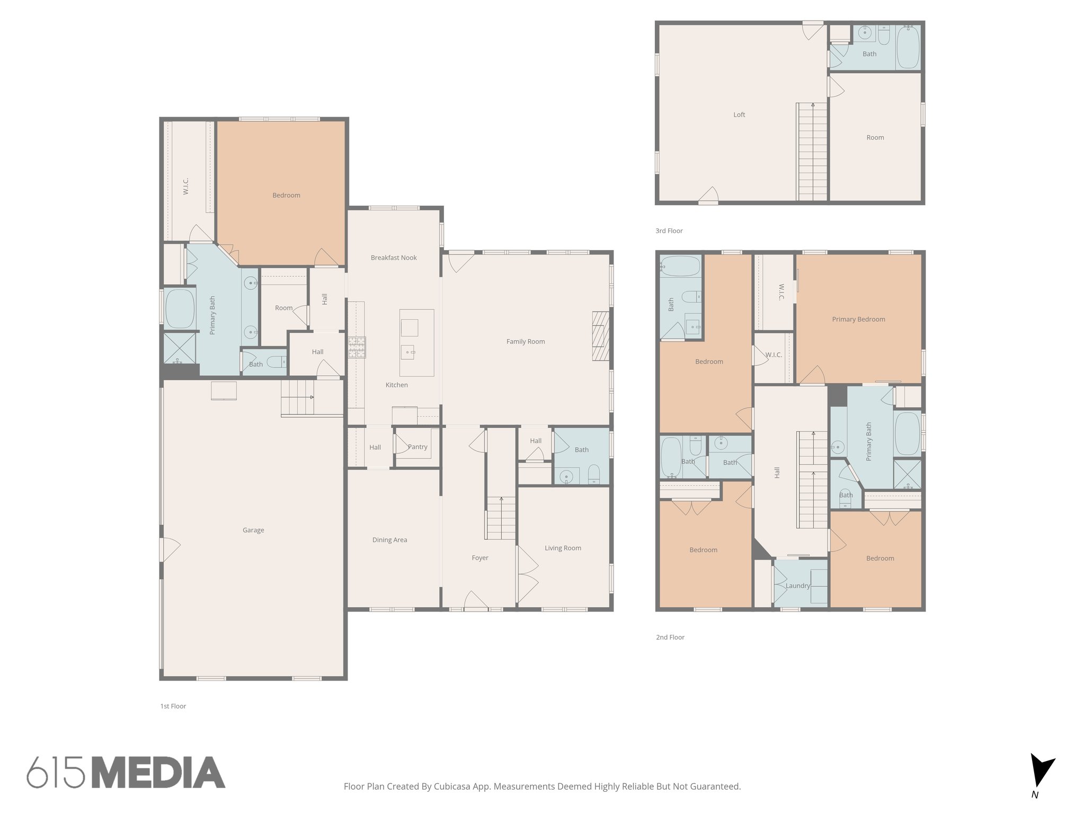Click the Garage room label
(x=253, y=530)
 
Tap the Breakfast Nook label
(x=394, y=258)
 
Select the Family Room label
(x=526, y=341)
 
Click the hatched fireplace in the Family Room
(x=601, y=336)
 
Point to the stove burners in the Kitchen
(x=357, y=348)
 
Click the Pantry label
(x=417, y=447)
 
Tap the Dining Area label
(x=389, y=540)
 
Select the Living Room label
(x=563, y=548)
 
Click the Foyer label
(x=480, y=558)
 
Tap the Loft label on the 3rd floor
(x=739, y=114)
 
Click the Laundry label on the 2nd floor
(x=798, y=586)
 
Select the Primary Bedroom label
(x=858, y=319)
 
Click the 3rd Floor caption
(x=669, y=231)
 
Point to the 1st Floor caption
(x=173, y=706)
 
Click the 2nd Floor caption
(x=670, y=637)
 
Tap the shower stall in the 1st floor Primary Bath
(x=179, y=348)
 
